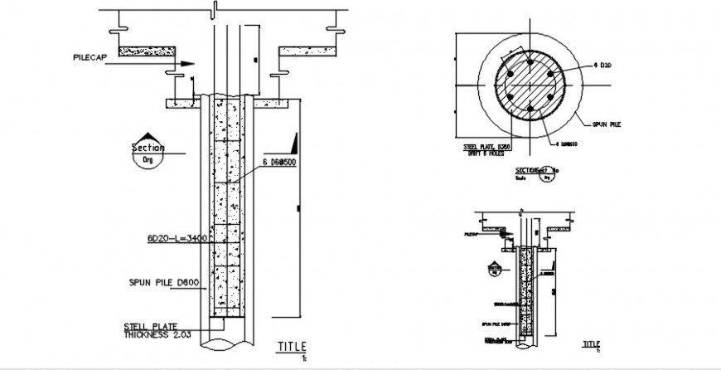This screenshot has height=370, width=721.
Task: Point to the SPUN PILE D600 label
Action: point(162,282)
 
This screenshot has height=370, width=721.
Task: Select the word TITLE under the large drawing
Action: point(292,346)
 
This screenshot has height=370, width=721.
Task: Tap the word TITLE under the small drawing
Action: point(590,343)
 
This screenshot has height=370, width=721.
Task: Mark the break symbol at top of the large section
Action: point(214,9)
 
